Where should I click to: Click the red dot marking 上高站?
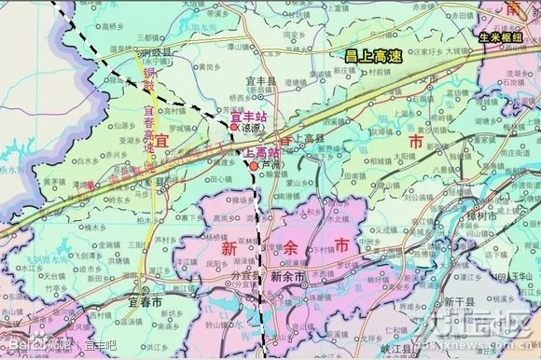(253, 166)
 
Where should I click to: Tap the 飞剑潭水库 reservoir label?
(27, 242)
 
